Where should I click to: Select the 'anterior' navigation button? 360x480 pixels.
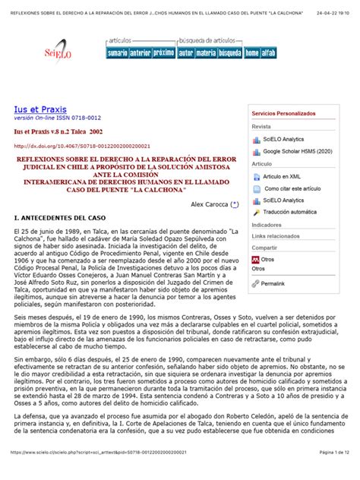pos(141,53)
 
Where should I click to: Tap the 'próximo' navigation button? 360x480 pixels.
pos(163,53)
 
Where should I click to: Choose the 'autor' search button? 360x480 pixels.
pos(185,53)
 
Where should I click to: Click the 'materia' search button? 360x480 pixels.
pos(206,53)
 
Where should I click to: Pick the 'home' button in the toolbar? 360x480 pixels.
pos(251,53)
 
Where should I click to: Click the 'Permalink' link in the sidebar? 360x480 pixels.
pos(273,283)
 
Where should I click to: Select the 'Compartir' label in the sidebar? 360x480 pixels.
pos(264,248)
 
